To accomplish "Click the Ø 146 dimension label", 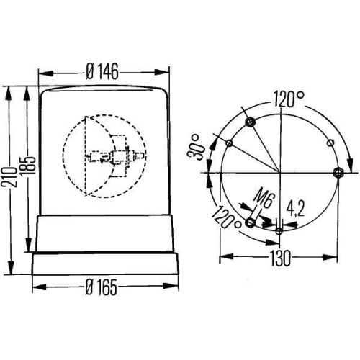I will pyautogui.click(x=102, y=71).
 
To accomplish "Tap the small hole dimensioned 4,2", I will pyautogui.click(x=279, y=230).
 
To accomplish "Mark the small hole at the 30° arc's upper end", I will pyautogui.click(x=228, y=143).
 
